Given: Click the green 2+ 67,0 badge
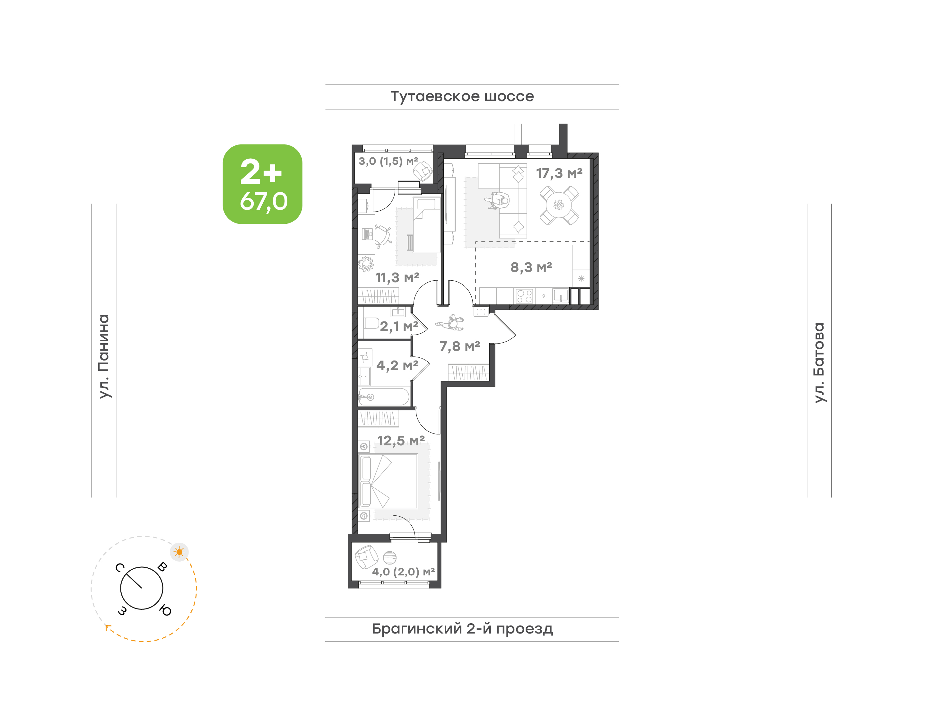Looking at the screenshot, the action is click(262, 184).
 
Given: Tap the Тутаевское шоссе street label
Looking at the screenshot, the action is click(462, 96).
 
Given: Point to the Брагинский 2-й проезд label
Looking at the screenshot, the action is click(462, 629).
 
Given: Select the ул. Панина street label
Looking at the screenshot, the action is click(104, 356).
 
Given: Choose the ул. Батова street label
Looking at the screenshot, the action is click(819, 363).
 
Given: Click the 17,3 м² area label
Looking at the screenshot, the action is click(559, 173).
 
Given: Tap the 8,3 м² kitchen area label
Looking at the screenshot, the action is click(531, 267).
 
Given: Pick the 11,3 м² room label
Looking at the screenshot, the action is click(397, 277).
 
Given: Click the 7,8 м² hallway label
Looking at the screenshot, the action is click(459, 346).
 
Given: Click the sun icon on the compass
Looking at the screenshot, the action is click(179, 552).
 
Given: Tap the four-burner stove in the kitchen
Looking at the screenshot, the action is click(525, 296).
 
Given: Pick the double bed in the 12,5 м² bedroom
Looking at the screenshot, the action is click(388, 481).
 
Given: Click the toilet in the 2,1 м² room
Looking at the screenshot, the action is click(371, 323).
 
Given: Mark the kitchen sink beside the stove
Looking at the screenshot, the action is click(561, 296).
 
